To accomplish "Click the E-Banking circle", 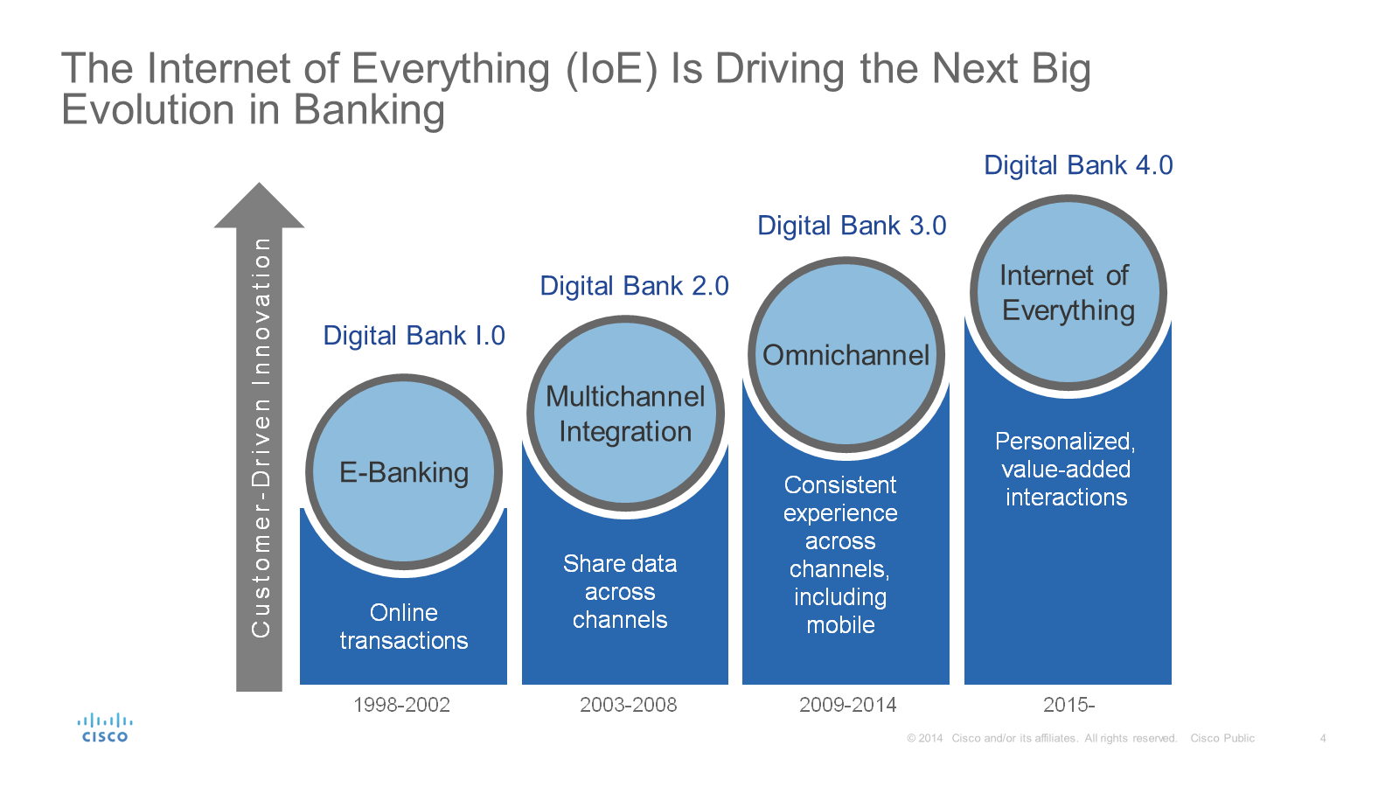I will coord(404,473).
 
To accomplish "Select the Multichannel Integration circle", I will coord(625,414).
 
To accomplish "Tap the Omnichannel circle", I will coord(846,355).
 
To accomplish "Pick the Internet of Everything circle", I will coord(1068,293).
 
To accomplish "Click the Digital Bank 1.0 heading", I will coord(414,336).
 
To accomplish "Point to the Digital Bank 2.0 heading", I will coord(634,286).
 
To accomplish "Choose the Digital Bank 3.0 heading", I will coord(852,226).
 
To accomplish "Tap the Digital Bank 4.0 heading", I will coord(1078,165).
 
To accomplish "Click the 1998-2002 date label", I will coord(401,705).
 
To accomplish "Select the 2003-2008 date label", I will coord(628,705).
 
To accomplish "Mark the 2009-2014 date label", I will coord(847,705).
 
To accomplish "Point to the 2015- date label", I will coord(1068,705).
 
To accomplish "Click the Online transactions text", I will coord(404,627).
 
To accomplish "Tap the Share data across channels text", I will coord(620,592).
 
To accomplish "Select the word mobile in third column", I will coord(840,625).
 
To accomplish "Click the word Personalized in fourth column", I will coord(1064,442).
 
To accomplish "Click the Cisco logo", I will coord(105,728).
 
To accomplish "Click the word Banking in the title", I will coord(369,111).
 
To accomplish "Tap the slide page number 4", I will coord(1323,739).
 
